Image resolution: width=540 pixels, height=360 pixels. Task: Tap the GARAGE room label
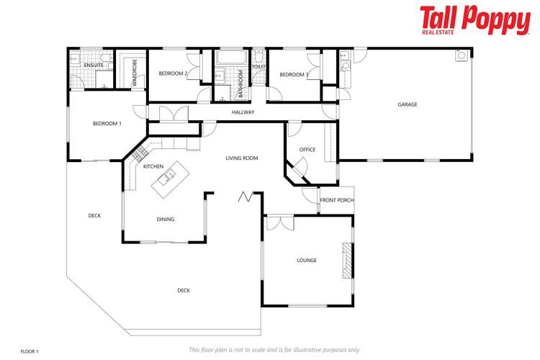[408, 104]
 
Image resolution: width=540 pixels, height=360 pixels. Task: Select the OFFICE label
[307, 150]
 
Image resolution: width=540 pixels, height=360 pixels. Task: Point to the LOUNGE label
[307, 260]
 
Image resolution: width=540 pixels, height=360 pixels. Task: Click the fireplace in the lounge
[347, 260]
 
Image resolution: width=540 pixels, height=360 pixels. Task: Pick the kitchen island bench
[167, 181]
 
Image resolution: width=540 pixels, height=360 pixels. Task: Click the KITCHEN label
[153, 166]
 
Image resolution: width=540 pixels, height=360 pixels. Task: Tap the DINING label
[166, 220]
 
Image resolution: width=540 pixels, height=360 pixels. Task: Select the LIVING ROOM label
[241, 158]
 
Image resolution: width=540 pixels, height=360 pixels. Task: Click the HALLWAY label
[243, 112]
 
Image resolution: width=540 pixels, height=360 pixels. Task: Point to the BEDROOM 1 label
[107, 124]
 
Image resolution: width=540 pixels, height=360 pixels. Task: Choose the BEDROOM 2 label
[173, 73]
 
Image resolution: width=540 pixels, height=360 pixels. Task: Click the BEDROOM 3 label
[294, 74]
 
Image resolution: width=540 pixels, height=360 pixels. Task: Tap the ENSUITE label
[94, 66]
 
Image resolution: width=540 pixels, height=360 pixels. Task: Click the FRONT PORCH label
[337, 200]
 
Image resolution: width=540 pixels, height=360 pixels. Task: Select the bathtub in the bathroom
[232, 57]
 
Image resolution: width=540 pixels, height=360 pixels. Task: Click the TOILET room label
[258, 67]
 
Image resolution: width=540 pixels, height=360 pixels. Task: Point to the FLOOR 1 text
[30, 351]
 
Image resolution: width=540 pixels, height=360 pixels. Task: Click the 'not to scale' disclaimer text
[274, 350]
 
